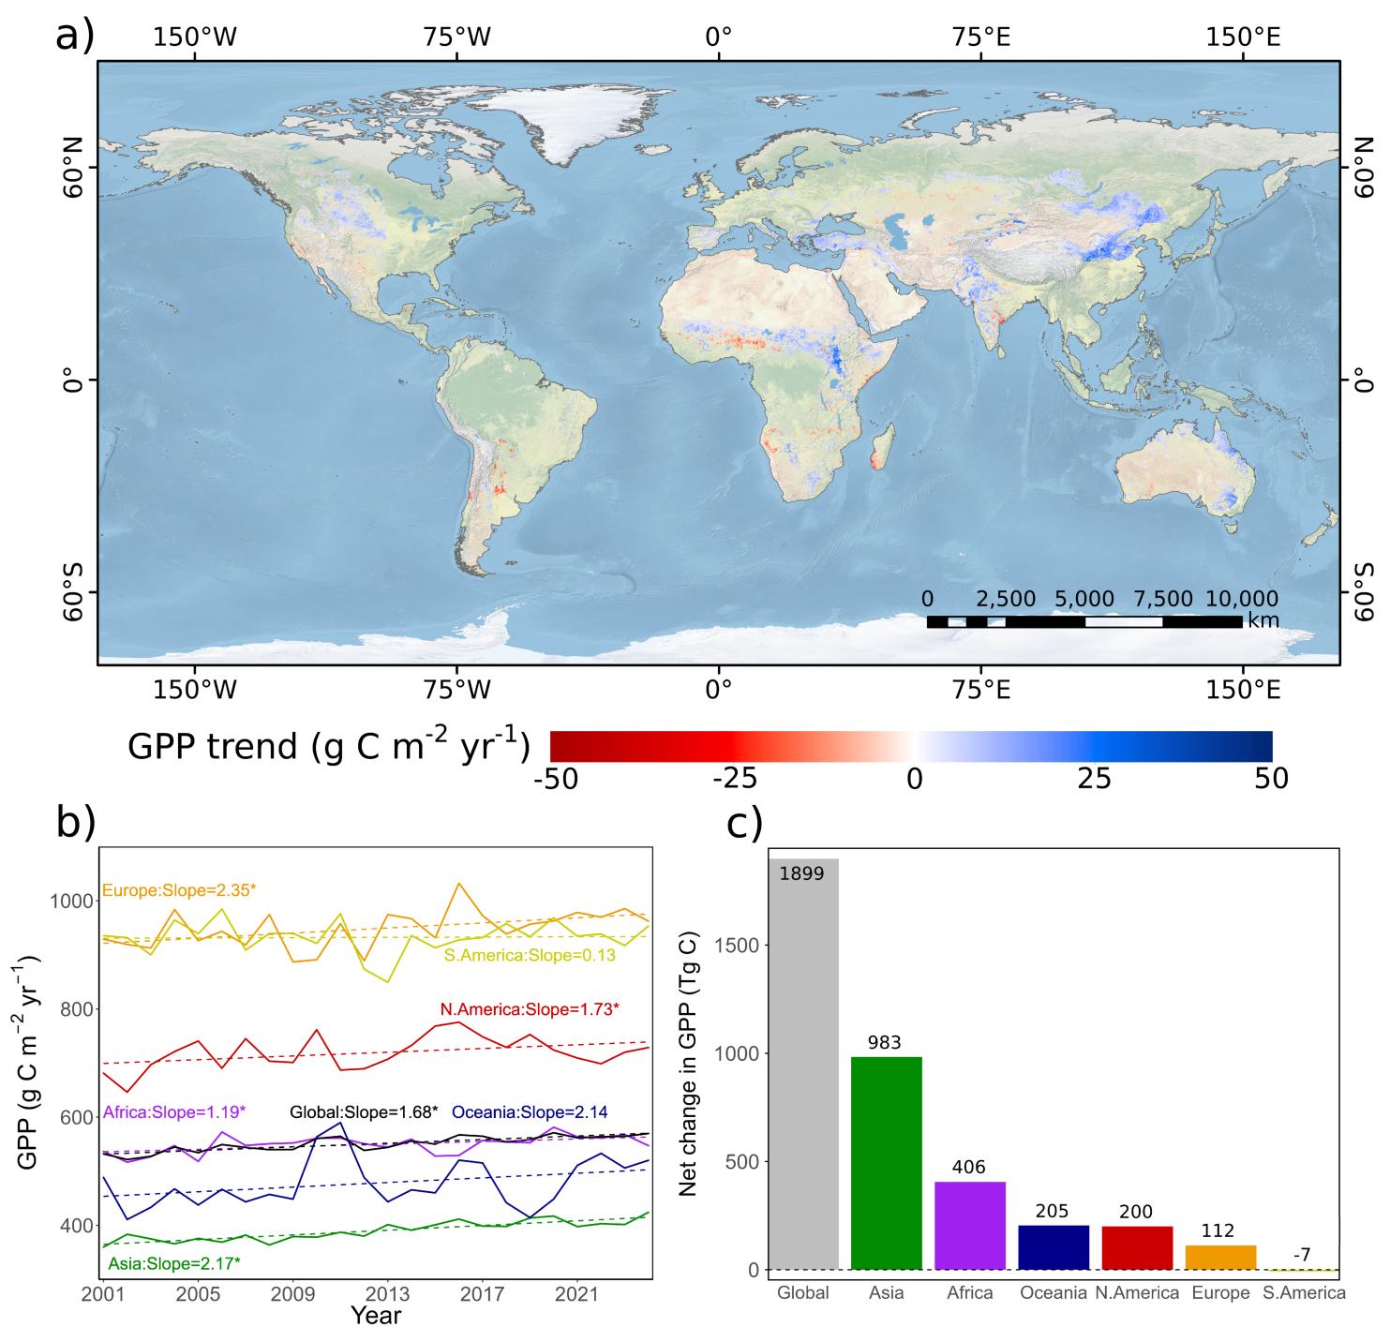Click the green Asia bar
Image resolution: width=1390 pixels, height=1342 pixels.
coord(886,1163)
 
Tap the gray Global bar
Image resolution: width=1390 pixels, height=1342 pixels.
coord(803,1064)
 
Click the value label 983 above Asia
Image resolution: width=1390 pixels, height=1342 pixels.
coord(885,1042)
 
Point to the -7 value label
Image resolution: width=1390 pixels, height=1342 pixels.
coord(1302,1254)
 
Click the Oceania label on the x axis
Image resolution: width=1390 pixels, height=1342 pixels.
coord(1053,1293)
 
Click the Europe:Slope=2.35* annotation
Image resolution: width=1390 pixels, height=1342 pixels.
coord(178,890)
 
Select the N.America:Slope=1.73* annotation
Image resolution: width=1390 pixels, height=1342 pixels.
coord(530,1009)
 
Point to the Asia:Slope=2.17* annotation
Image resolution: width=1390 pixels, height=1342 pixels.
coord(174,1263)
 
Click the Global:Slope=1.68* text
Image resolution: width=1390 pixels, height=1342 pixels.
coord(364,1112)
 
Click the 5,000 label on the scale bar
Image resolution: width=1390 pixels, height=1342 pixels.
coord(1084,599)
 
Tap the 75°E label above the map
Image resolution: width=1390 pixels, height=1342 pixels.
coord(980,37)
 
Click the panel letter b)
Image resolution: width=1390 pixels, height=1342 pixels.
coord(77,821)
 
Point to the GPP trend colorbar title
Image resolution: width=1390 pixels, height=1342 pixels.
coord(328,746)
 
